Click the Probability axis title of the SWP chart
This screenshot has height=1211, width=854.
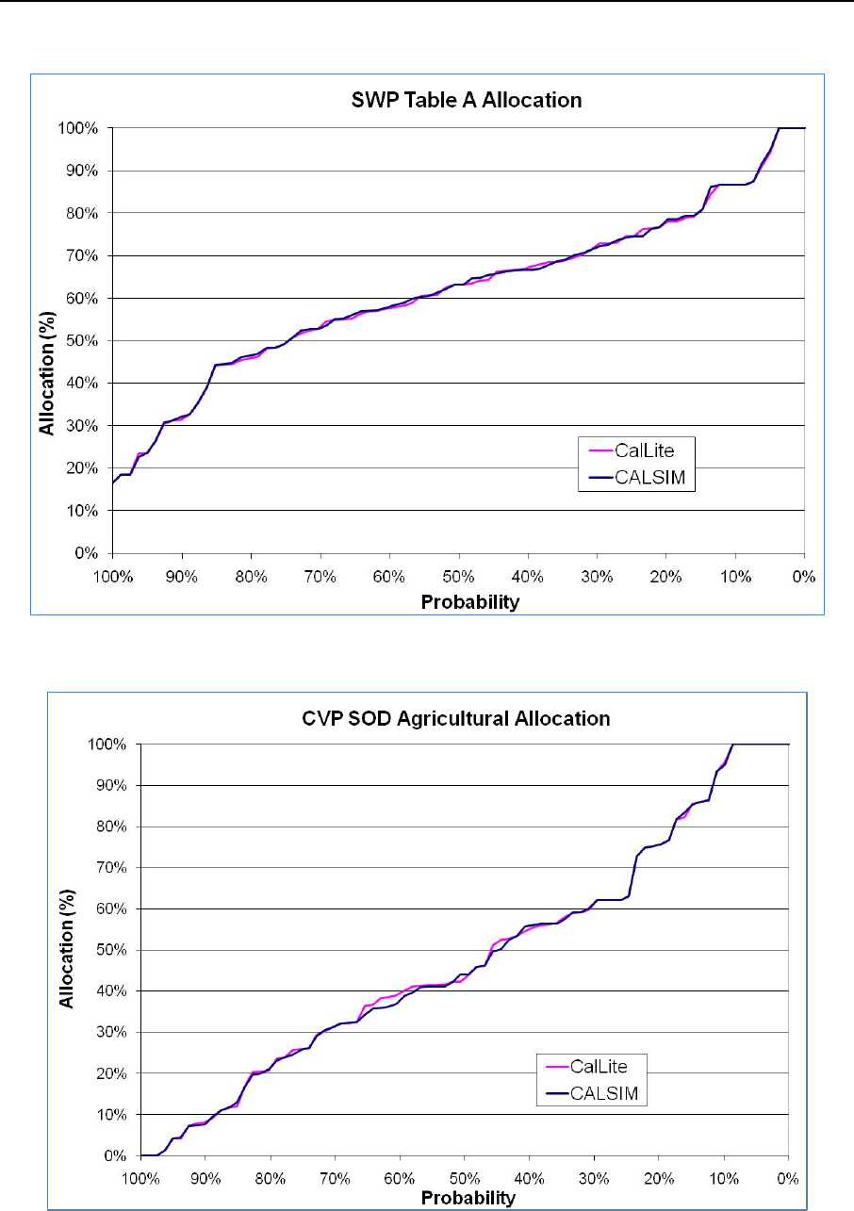point(457,601)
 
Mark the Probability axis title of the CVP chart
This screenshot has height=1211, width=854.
point(468,1199)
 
